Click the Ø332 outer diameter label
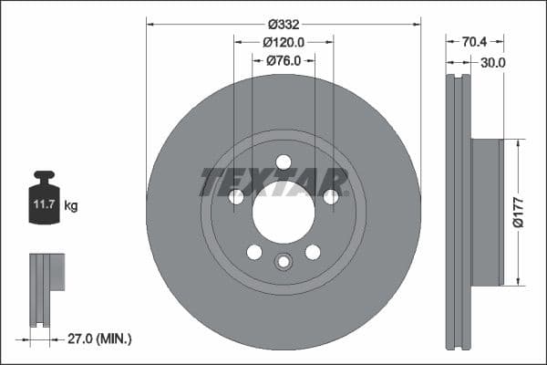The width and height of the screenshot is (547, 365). pos(284,24)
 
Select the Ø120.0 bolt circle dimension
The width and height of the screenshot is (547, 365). pos(284,42)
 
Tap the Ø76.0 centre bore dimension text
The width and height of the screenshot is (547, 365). pos(284,60)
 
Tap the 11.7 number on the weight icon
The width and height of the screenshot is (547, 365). pos(44,206)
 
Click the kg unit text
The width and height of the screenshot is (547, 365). pos(71,206)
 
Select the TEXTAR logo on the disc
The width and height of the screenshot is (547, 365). pos(274,182)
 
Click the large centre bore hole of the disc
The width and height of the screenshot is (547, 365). pos(284,219)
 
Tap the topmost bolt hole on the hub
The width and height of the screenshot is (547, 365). pos(284,162)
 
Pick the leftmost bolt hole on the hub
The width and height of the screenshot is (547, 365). pos(236,197)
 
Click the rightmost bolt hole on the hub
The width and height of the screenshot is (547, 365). pos(331,196)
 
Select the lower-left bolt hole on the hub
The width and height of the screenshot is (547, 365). pos(254,252)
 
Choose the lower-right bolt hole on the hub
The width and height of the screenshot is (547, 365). pos(313,252)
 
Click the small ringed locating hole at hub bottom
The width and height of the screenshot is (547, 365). pos(284,262)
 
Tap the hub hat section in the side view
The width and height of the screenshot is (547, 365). pos(487,212)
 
